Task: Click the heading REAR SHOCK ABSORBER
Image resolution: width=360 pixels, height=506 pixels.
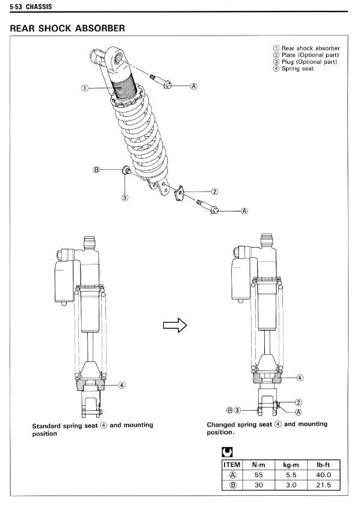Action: coord(67,28)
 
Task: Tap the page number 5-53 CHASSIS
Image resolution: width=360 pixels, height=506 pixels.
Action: coord(31,7)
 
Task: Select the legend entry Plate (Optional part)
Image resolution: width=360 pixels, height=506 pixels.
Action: coord(306,55)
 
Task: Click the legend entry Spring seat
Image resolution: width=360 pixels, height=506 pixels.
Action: coord(293,69)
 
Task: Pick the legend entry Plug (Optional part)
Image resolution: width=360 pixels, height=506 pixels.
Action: coord(305,61)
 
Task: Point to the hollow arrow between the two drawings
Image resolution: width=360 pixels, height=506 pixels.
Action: coord(175,325)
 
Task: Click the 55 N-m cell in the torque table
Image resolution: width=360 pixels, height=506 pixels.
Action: coord(258,475)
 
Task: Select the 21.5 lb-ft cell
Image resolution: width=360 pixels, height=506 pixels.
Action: coord(323,485)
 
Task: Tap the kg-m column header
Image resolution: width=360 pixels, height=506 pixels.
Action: coord(291,464)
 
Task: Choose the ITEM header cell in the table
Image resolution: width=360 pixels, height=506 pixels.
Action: coord(232,464)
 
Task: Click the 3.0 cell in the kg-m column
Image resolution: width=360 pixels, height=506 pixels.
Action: coord(291,485)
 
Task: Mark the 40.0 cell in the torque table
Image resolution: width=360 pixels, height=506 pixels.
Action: coord(323,475)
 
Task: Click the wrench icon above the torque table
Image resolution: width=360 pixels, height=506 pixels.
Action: coord(227,452)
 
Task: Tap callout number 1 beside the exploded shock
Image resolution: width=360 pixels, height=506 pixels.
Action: coord(84,88)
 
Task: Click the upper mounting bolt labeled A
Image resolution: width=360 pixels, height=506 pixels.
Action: coord(161,81)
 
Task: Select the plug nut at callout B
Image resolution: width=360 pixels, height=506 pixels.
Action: coord(126,170)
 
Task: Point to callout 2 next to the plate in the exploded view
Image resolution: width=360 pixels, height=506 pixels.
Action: coord(214,192)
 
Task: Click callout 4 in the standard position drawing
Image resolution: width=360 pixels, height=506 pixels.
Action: coord(122,385)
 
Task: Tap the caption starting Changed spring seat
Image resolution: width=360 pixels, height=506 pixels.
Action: coord(267,428)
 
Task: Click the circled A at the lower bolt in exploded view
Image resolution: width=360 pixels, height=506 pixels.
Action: coord(244,211)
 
